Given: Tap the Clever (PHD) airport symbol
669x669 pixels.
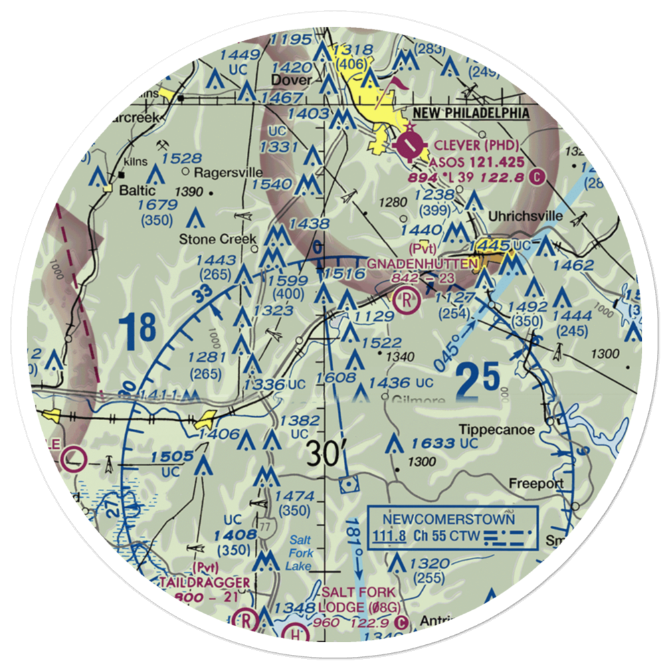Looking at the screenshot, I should tap(409, 143).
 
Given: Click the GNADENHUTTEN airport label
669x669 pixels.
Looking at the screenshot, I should tap(423, 264).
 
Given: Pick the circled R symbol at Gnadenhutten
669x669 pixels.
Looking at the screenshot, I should tap(405, 299).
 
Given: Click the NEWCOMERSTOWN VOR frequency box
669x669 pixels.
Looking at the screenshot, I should tap(452, 527).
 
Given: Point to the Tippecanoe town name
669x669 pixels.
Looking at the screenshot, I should tap(506, 429).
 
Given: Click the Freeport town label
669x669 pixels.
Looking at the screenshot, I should tap(536, 483).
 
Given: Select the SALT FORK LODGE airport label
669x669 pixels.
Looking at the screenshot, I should tap(358, 599).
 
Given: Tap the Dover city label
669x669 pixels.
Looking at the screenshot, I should tap(291, 80).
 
